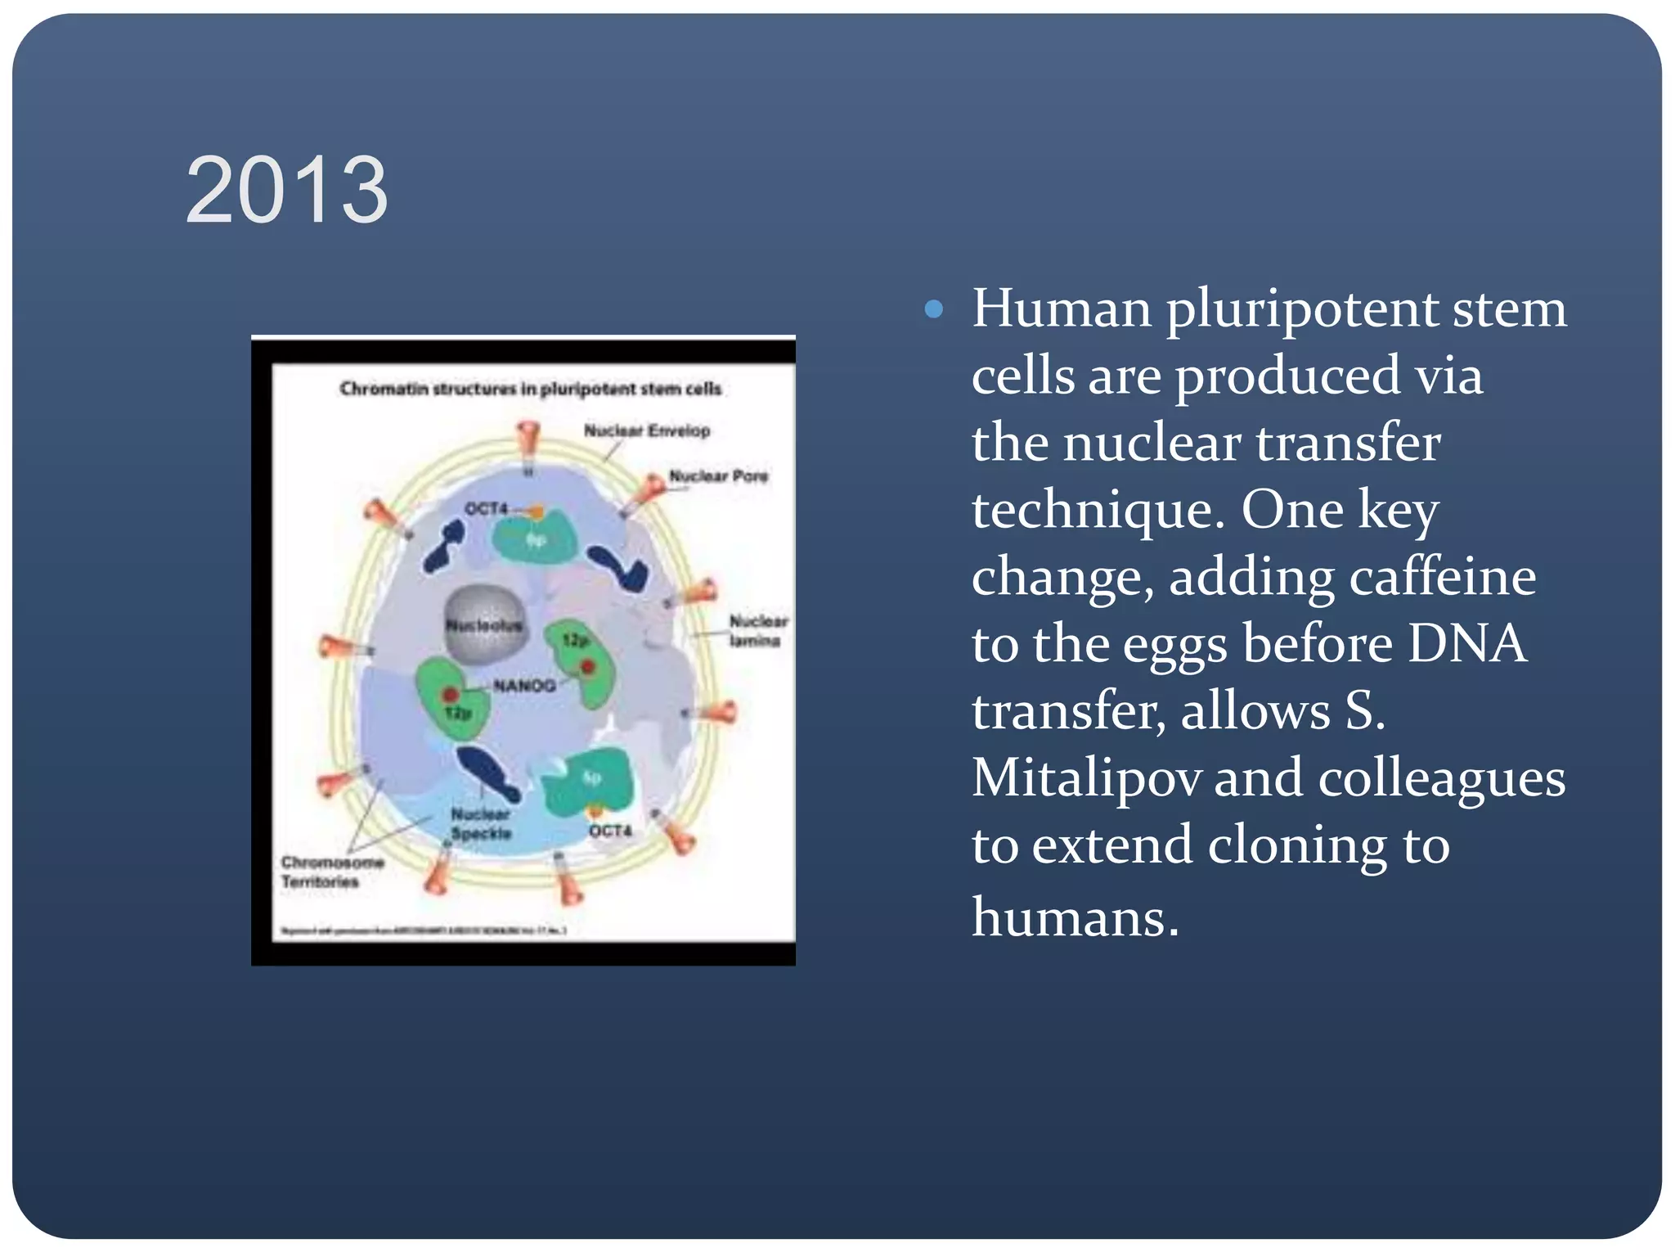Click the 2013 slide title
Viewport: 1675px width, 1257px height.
coord(286,191)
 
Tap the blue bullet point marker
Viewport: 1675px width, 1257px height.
coord(933,309)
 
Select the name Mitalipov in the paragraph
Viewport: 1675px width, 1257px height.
coord(1086,777)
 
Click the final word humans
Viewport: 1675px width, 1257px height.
coord(1075,917)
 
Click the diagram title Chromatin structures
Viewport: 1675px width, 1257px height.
coord(530,389)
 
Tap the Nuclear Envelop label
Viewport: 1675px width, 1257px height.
coord(646,430)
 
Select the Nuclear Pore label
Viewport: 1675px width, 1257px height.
coord(718,475)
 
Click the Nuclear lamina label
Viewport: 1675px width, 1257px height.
coord(757,630)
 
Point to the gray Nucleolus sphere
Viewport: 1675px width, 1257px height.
coord(484,625)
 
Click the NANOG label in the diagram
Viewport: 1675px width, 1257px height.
coord(524,685)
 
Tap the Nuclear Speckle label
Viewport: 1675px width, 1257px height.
coord(481,823)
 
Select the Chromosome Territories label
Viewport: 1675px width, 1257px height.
coord(331,872)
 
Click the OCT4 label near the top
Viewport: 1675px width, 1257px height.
coord(487,508)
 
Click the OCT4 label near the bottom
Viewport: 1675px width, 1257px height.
coord(610,831)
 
